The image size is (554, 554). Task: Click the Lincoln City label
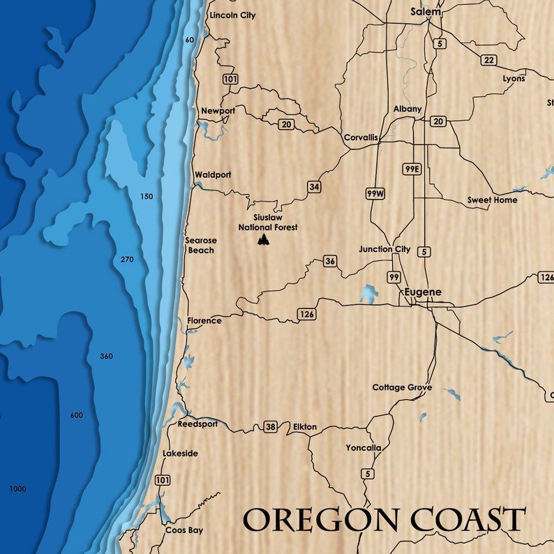point(232,15)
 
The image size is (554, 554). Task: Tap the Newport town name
point(218,111)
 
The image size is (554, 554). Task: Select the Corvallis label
point(361,137)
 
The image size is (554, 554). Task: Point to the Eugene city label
point(424,292)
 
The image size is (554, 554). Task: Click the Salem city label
point(426,12)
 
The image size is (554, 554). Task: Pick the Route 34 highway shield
point(314,186)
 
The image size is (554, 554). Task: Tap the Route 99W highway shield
point(375,193)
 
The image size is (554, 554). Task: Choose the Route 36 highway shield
point(330,262)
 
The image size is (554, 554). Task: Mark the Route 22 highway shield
point(488,60)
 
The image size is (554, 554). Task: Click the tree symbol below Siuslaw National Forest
point(264,240)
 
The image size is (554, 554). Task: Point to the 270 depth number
point(126,260)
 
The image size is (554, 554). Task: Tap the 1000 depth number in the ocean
point(17,489)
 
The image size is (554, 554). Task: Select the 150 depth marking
point(146,197)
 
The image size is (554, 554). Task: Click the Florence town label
point(204,321)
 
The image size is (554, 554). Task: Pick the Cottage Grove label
point(402,387)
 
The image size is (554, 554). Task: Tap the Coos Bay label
point(184,530)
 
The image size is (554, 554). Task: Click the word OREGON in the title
point(322,521)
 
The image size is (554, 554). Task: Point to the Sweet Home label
point(493,200)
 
